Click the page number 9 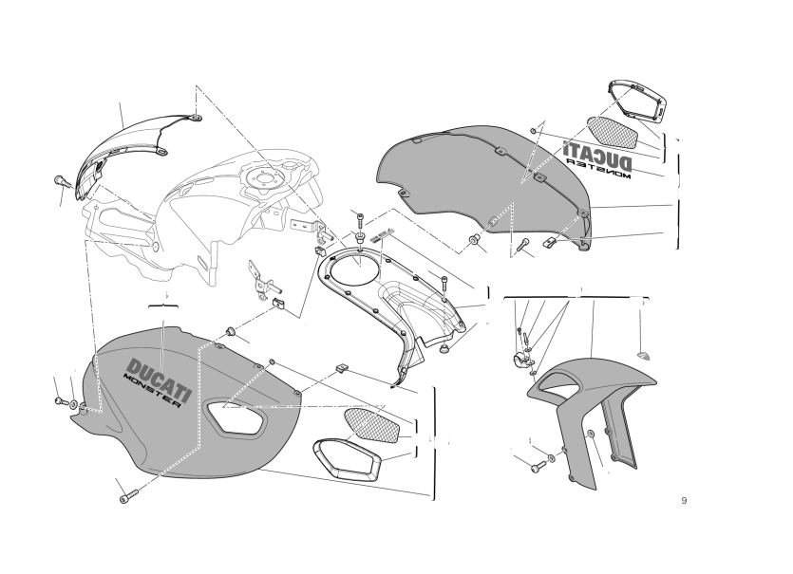684,501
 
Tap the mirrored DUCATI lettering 596,156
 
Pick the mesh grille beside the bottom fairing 371,425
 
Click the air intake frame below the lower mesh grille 346,459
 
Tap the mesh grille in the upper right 612,133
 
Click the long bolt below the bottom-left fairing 128,496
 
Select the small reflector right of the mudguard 644,354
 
